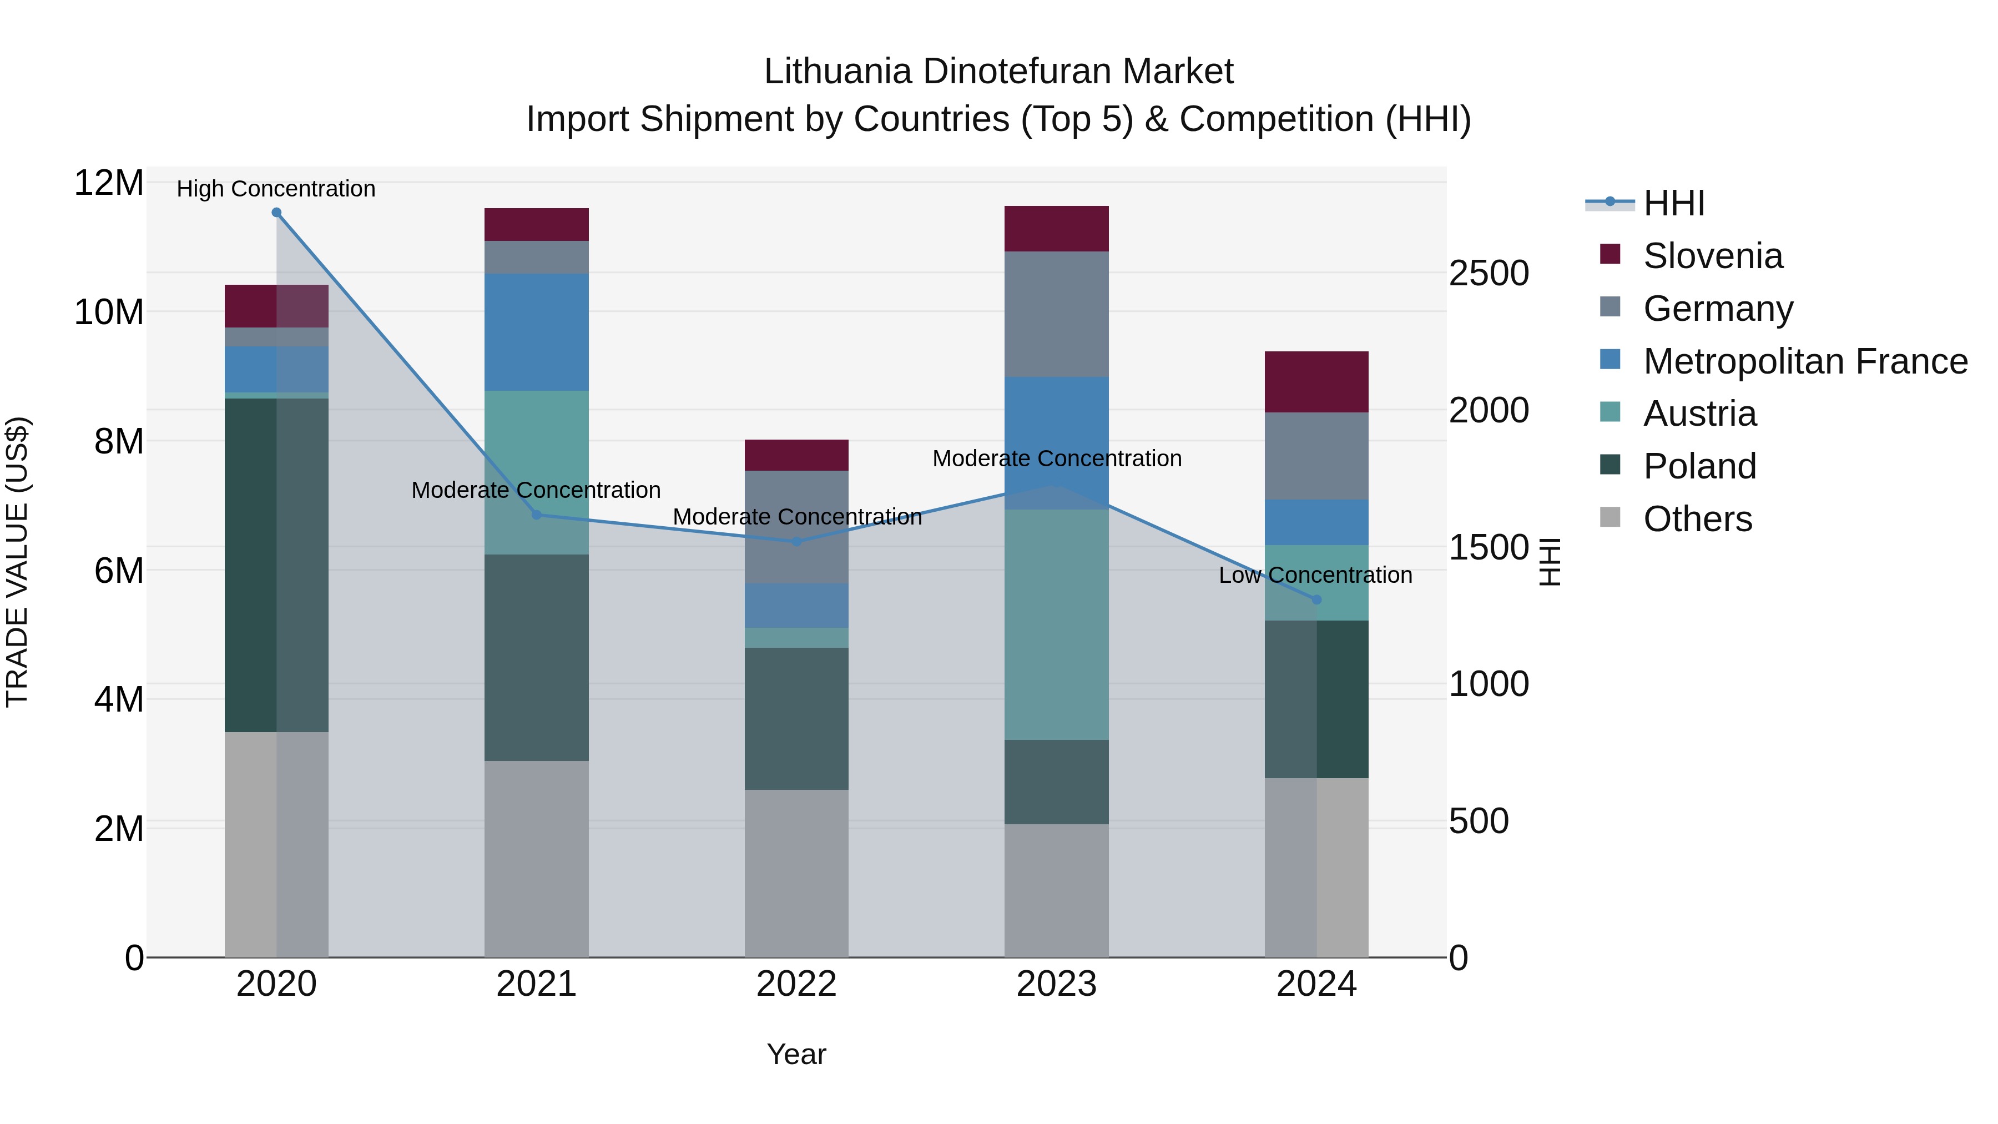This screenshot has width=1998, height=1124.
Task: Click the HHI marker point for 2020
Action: [x=276, y=213]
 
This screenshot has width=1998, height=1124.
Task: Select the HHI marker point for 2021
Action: [x=536, y=515]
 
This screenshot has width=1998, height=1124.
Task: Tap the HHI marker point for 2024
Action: [x=1316, y=599]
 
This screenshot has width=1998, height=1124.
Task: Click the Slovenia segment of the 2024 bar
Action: [x=1316, y=382]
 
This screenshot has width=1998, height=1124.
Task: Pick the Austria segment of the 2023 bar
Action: [x=1056, y=624]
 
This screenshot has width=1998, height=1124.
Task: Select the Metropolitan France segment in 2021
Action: [x=536, y=332]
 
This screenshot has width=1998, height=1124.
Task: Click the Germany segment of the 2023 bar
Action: [x=1056, y=314]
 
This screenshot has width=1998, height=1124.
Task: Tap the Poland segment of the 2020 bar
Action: [x=276, y=564]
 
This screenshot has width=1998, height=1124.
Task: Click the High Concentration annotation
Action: [x=276, y=189]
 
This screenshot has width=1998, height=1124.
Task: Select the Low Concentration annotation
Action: [x=1315, y=575]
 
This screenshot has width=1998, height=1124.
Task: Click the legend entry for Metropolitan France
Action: [x=1805, y=361]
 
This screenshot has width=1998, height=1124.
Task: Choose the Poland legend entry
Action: [x=1699, y=466]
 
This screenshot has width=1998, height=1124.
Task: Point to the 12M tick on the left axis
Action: [x=109, y=183]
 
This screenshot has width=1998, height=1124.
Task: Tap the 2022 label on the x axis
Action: [x=796, y=984]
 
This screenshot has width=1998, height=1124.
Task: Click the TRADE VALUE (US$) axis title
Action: [x=17, y=562]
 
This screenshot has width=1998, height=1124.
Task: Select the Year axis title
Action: [x=796, y=1054]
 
